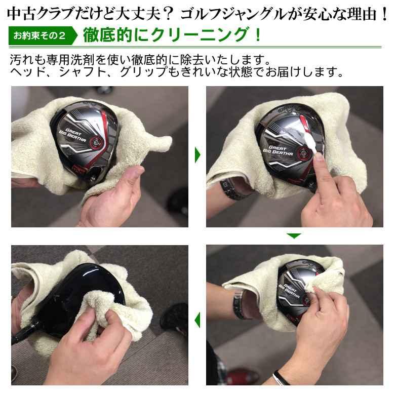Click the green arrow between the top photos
(x=197, y=155)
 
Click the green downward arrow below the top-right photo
(x=294, y=235)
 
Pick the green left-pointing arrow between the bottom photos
(x=197, y=320)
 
